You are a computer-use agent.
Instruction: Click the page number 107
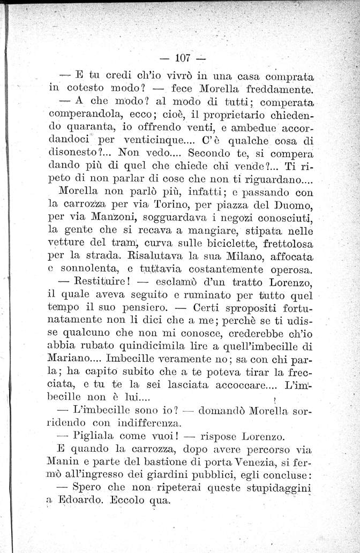[x=183, y=57]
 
